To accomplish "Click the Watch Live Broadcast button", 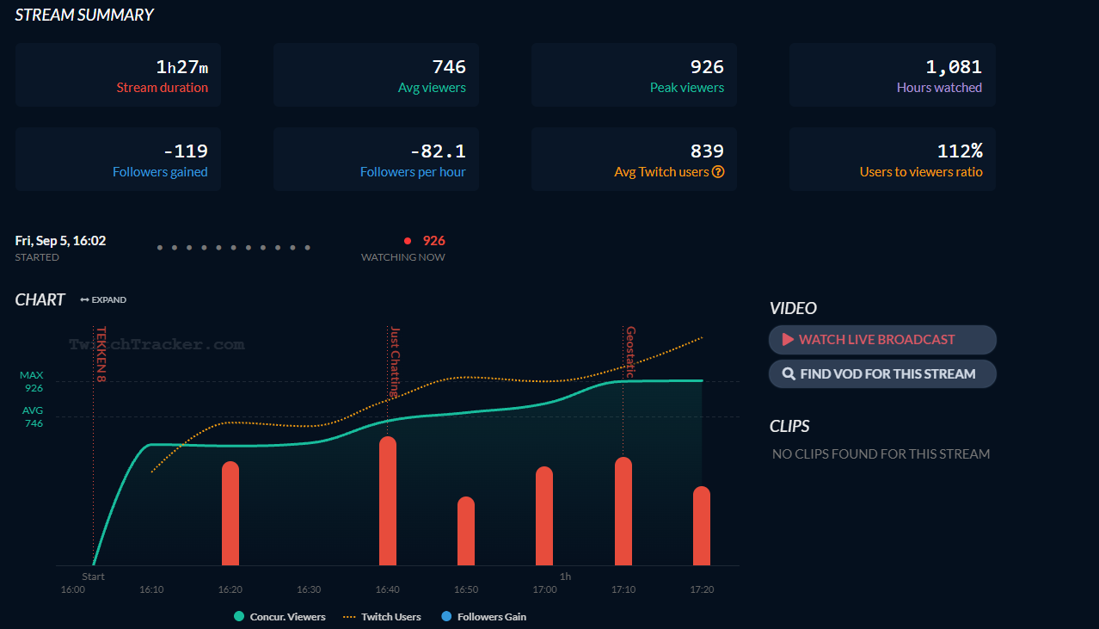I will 881,340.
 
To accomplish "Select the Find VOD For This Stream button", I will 881,374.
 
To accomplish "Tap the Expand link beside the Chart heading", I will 103,300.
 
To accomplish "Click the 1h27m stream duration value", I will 181,67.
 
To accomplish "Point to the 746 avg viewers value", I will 449,67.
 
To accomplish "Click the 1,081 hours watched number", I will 954,67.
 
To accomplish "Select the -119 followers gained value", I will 185,151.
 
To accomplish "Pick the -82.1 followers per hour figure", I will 438,151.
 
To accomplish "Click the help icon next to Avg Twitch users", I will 718,172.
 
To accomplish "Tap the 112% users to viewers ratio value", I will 960,151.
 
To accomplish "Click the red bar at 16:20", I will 230,514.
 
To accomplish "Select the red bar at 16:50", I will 466,531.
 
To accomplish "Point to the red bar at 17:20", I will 702,526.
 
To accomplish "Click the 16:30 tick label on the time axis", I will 309,590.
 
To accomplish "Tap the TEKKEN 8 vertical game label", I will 101,354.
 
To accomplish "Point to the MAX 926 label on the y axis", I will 32,382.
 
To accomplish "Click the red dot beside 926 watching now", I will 408,241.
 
